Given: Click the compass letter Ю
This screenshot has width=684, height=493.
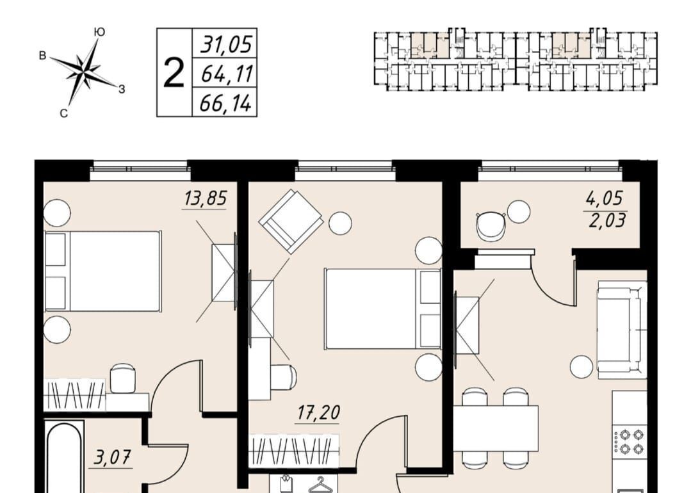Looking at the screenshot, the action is click(x=99, y=32).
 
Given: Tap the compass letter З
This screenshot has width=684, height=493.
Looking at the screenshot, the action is click(x=122, y=89).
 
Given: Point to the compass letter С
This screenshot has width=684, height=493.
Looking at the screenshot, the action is click(x=63, y=114).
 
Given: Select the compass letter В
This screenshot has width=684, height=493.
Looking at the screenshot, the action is click(x=43, y=56).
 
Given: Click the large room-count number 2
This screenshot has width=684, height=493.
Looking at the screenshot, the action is click(x=174, y=73).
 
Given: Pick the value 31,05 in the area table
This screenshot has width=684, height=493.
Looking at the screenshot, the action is click(x=226, y=45).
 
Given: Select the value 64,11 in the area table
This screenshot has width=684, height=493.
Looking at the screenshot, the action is click(x=227, y=73).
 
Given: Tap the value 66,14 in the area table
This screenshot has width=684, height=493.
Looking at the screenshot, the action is click(x=225, y=103).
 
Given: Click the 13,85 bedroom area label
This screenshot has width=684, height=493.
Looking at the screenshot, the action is click(x=205, y=198).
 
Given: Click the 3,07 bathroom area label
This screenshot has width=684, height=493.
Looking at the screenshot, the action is click(x=111, y=458).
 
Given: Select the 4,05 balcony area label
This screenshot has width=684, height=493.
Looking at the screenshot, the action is click(x=604, y=198).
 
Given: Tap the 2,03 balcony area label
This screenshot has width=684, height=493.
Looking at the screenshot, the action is click(x=607, y=220).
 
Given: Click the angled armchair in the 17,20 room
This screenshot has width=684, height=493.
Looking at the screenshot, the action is click(x=291, y=221).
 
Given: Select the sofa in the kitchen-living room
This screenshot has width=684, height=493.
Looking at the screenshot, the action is click(x=622, y=330).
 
